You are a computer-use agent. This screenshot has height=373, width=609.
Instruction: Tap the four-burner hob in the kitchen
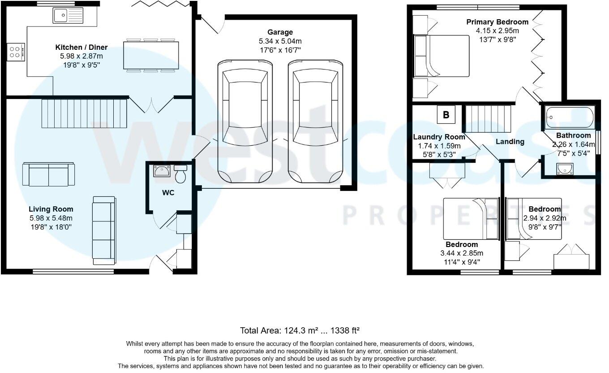pyautogui.click(x=15, y=52)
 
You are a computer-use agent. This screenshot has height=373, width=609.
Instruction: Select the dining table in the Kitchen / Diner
pyautogui.click(x=151, y=55)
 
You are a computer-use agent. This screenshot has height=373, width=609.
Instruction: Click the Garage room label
pyautogui.click(x=280, y=32)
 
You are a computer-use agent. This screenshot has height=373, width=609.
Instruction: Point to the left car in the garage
pyautogui.click(x=244, y=121)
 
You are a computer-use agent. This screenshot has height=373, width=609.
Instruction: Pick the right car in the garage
pyautogui.click(x=315, y=121)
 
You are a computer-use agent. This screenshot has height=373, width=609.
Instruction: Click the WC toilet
pyautogui.click(x=181, y=174)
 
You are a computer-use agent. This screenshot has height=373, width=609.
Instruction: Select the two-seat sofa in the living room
pyautogui.click(x=49, y=174)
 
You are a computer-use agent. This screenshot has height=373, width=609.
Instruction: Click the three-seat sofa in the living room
pyautogui.click(x=103, y=230)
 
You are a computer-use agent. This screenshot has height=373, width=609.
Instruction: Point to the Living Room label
pyautogui.click(x=51, y=209)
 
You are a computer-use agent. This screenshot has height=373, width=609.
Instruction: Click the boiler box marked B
pyautogui.click(x=446, y=115)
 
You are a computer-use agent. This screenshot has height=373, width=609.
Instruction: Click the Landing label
pyautogui.click(x=510, y=142)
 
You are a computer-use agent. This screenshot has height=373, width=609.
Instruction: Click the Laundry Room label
pyautogui.click(x=439, y=137)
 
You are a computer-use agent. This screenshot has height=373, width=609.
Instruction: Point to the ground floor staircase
pyautogui.click(x=85, y=113)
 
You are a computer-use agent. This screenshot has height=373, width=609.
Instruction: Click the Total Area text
pyautogui.click(x=300, y=331)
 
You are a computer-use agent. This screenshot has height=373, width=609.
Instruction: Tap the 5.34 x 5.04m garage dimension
pyautogui.click(x=280, y=41)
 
